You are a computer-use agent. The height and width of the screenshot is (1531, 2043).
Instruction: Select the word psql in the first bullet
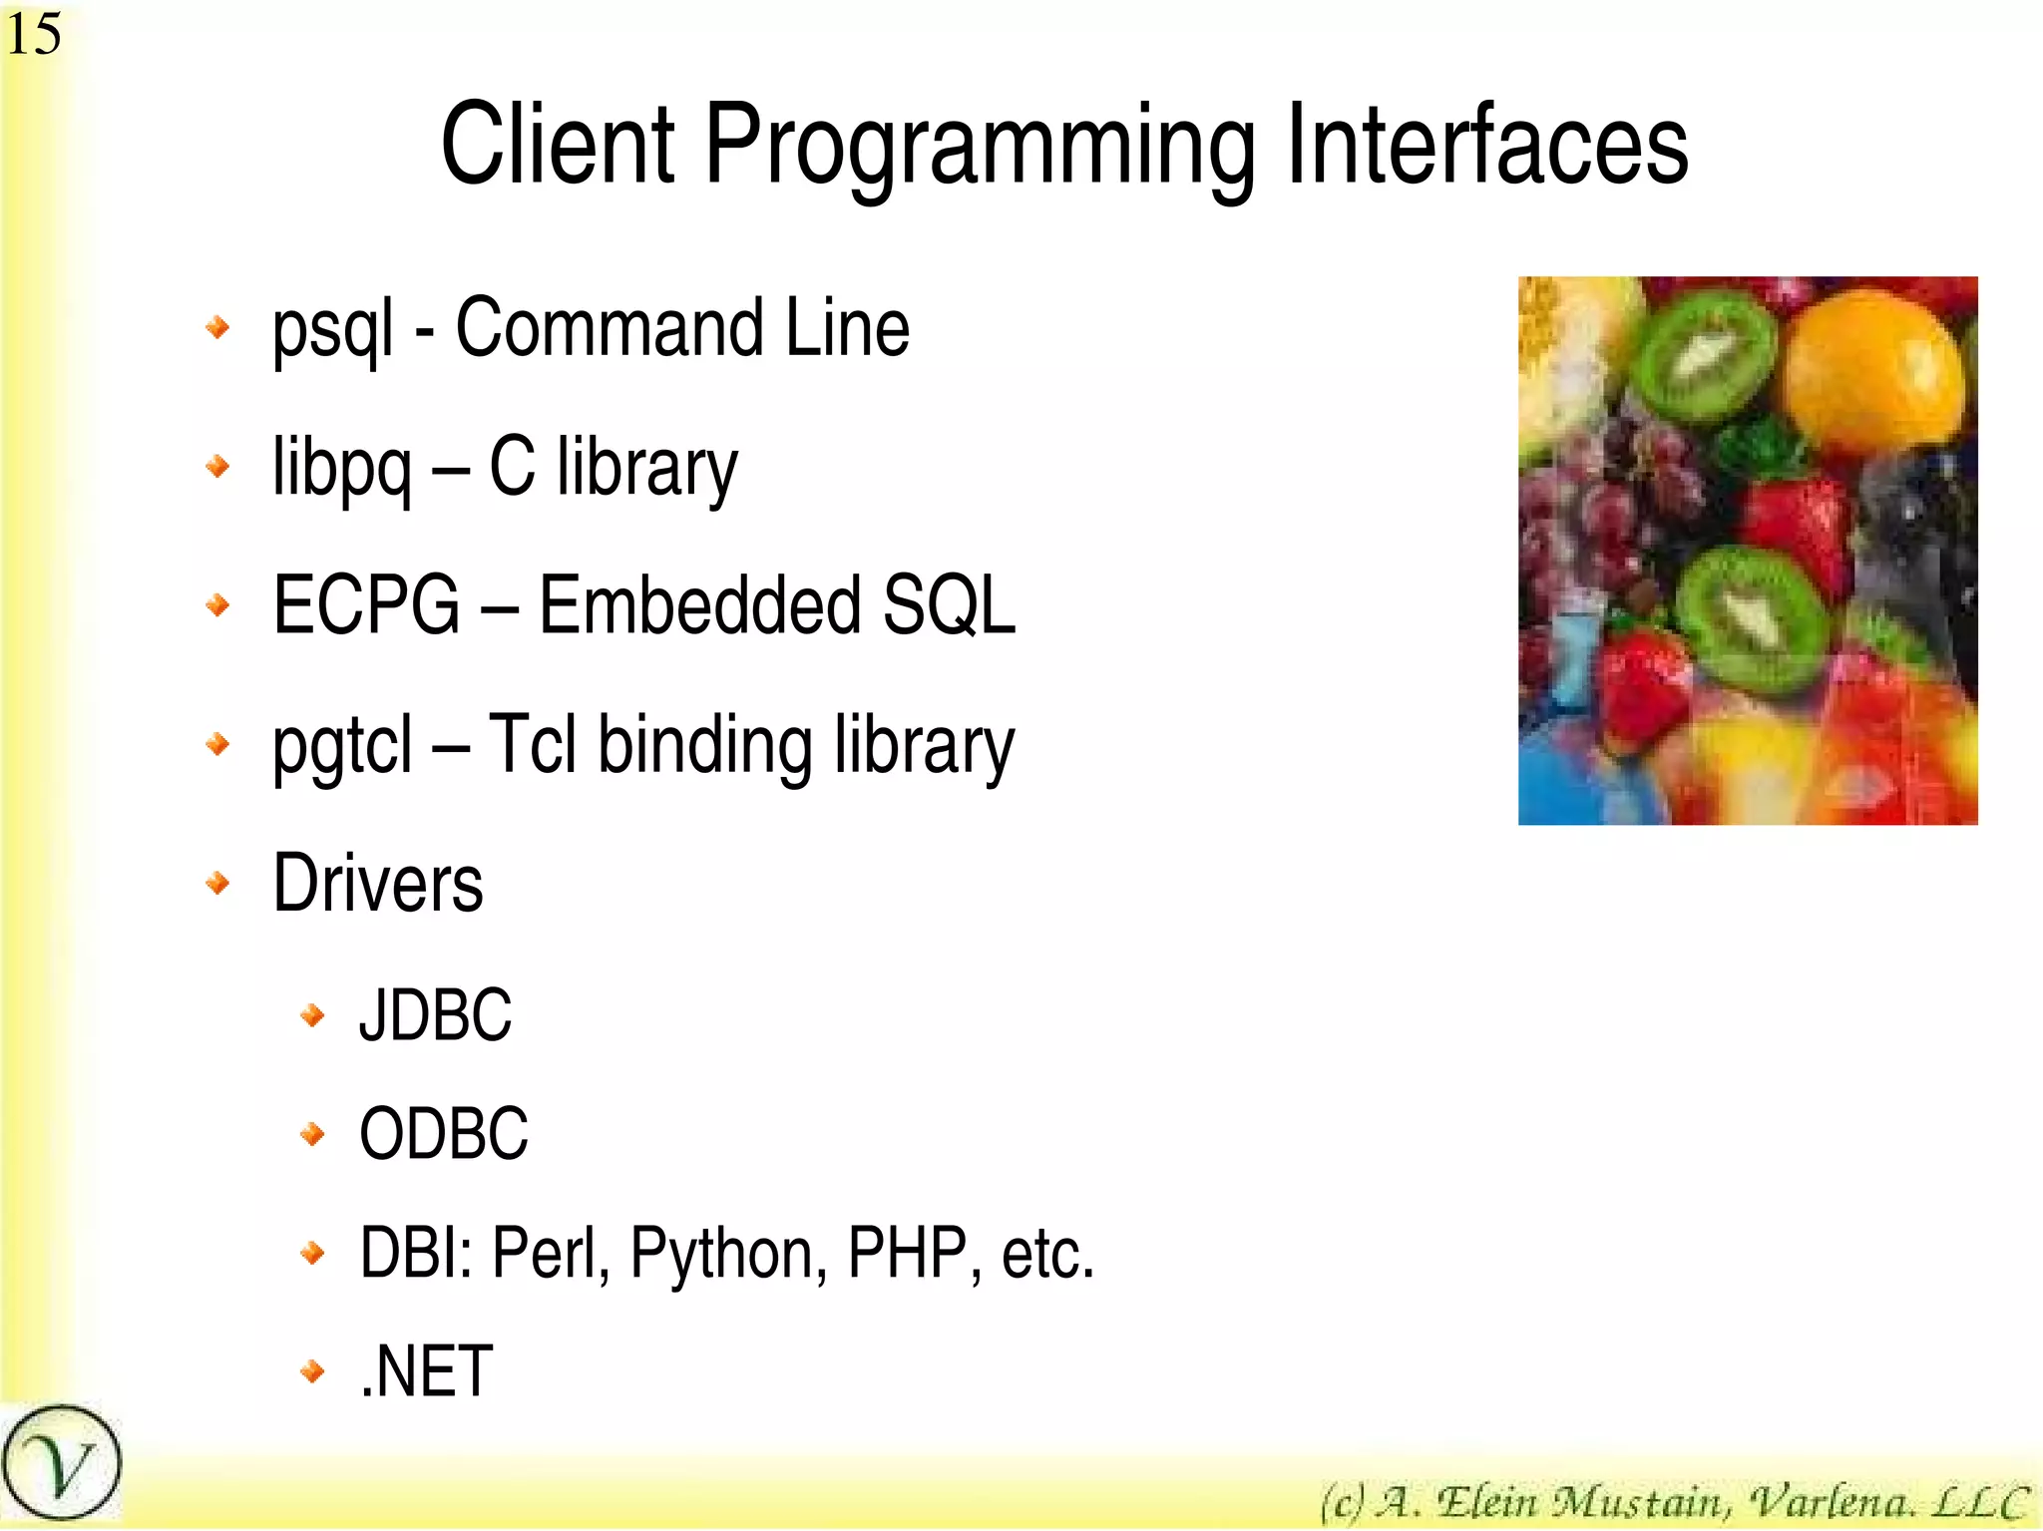click(332, 330)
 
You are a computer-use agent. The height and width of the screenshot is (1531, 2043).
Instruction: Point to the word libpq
click(341, 470)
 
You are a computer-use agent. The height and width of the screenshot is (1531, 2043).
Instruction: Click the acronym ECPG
click(366, 605)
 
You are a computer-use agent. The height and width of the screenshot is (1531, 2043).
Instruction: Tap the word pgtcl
click(342, 747)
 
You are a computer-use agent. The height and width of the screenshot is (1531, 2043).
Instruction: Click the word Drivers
click(378, 884)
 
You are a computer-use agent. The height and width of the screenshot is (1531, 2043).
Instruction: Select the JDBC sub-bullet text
click(435, 1015)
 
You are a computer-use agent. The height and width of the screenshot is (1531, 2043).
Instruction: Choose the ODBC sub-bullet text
click(443, 1134)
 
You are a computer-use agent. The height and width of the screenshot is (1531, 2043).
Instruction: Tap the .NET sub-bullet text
click(426, 1371)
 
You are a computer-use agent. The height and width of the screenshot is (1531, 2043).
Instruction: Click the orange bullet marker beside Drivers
click(217, 883)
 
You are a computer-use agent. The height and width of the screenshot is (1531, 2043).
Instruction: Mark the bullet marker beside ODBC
click(312, 1134)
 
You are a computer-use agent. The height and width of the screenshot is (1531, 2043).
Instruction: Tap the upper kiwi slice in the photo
click(1707, 355)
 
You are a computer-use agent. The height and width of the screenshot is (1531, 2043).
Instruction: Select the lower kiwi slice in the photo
click(1752, 619)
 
